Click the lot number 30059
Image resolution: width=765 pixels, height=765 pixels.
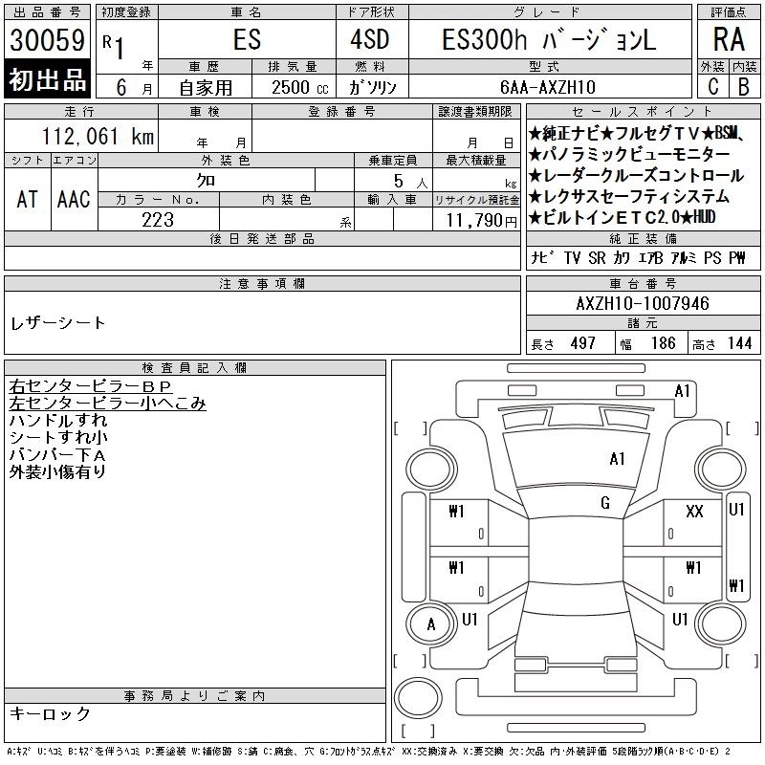click(47, 40)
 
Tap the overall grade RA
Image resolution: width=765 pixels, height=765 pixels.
click(729, 39)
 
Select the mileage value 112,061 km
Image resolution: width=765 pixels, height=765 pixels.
click(98, 136)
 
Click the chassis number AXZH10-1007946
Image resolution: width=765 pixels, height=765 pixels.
click(643, 303)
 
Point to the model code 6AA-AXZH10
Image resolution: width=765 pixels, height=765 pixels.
click(548, 87)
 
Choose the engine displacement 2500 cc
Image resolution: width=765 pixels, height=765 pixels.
click(300, 88)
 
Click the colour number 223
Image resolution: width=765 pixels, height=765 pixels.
click(158, 220)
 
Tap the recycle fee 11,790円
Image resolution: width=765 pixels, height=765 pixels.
click(482, 221)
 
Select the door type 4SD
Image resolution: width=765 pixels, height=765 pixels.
click(370, 39)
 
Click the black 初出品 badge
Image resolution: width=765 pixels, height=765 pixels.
click(47, 79)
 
